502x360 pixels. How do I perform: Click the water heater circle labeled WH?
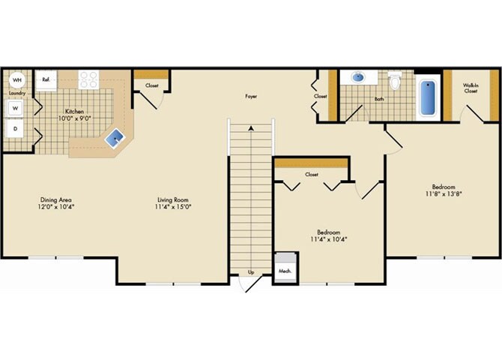pos(16,79)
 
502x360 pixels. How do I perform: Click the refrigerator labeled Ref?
pos(46,79)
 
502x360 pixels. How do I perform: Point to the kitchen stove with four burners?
pos(88,79)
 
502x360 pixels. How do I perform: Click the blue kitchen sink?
pos(115,136)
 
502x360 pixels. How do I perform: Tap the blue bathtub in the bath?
pos(427,97)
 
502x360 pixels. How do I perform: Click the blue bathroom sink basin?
pos(357,77)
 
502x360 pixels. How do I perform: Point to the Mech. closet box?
pos(285,271)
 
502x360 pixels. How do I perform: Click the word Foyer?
pos(252,97)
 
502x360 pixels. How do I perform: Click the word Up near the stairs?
pos(251,271)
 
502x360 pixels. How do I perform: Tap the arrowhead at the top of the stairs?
pos(251,128)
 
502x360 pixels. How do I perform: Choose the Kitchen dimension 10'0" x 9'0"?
pos(74,118)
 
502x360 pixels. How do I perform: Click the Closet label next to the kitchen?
pos(152,85)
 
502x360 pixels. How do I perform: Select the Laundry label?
pos(16,93)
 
